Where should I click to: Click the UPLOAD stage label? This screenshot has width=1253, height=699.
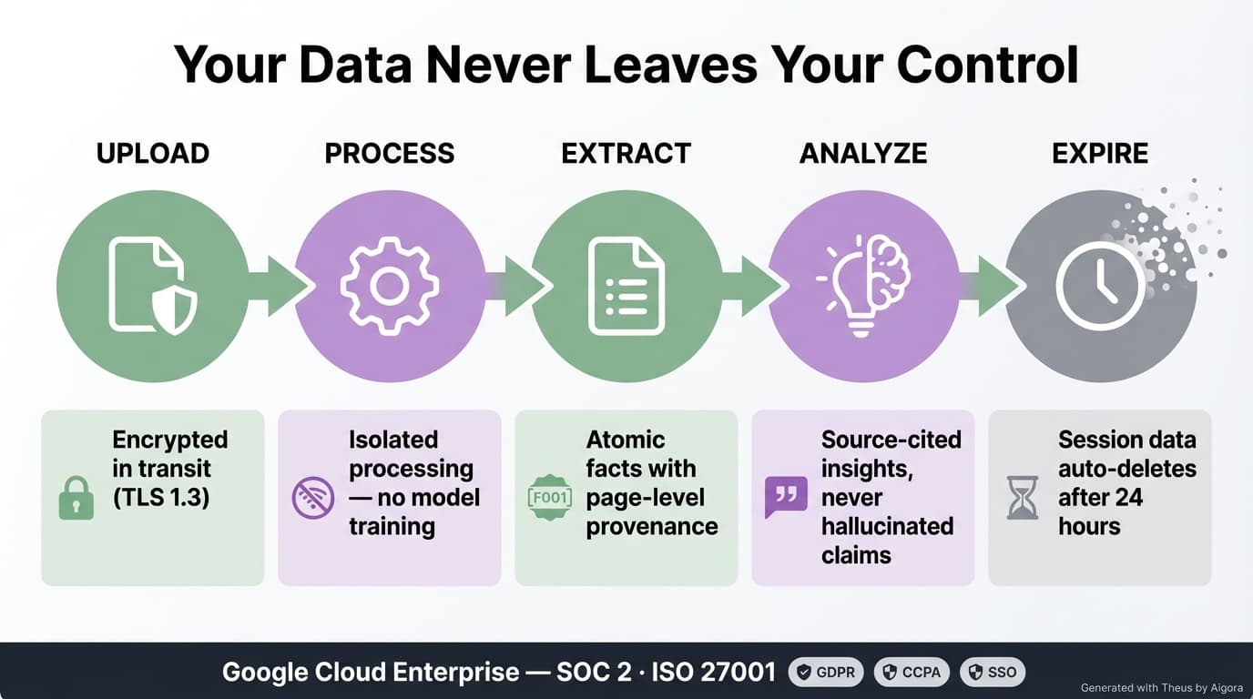tap(153, 153)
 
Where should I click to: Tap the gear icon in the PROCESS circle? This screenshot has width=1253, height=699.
tap(390, 286)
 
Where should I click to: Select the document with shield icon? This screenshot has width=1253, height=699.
tap(152, 285)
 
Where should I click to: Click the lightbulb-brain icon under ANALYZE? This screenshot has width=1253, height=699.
tap(863, 286)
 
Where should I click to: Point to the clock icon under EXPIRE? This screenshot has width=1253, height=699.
tap(1100, 286)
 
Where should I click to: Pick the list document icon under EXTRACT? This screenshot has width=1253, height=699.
tap(626, 286)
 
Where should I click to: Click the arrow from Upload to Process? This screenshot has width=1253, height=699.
tap(278, 286)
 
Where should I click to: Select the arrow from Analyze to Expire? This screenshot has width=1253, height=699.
tap(989, 286)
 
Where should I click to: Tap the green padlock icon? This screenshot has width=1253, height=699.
tap(76, 499)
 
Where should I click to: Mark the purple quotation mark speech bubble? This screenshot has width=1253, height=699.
tap(786, 498)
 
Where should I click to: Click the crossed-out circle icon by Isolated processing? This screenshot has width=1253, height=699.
tap(312, 499)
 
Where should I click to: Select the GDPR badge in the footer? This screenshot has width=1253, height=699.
tap(826, 673)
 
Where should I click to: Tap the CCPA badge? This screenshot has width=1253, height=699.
tap(912, 673)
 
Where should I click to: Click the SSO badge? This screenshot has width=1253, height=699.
tap(993, 673)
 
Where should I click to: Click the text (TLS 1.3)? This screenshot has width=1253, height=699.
tap(162, 498)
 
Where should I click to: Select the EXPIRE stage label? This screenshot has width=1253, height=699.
tap(1100, 153)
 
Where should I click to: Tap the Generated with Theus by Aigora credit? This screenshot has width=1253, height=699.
tap(1161, 688)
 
